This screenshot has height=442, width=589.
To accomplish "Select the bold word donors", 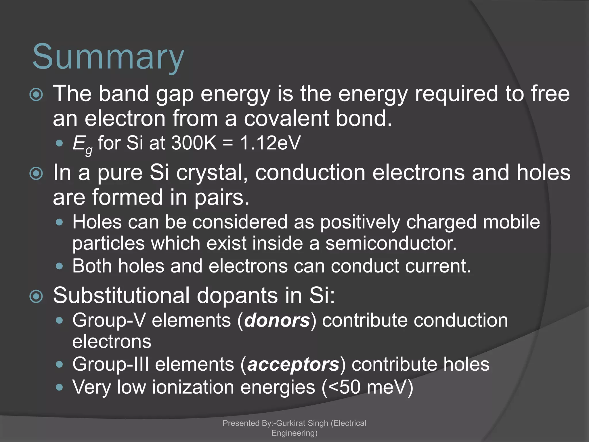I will click(277, 320).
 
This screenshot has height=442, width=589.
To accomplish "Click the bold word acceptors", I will click(293, 364).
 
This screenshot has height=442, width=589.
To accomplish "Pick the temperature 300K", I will click(194, 143).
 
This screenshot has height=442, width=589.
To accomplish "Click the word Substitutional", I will click(121, 296).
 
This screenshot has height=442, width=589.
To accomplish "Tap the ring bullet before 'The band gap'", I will click(36, 95).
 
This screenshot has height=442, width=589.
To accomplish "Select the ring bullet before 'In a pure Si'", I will click(36, 174).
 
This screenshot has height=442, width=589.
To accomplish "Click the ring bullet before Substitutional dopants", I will click(36, 297).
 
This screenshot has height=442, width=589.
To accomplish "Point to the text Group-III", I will click(111, 364).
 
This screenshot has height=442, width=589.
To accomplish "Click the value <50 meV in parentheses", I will click(367, 387).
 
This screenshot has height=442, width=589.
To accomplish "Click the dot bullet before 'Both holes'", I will click(60, 266).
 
